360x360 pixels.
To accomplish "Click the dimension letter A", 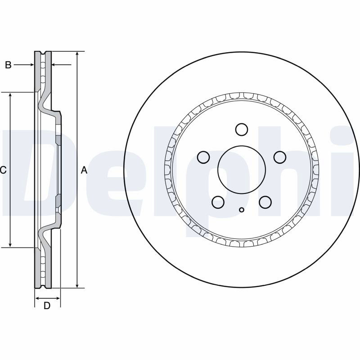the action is [x=85, y=170].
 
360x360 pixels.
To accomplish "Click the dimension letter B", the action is [x=8, y=65].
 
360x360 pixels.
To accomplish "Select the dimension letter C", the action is [x=3, y=170].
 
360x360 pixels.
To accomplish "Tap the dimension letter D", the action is [x=47, y=306].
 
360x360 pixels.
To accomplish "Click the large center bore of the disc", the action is [x=242, y=170].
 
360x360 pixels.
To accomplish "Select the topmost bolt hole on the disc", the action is [x=242, y=130].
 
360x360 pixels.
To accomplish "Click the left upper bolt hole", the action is [x=203, y=157].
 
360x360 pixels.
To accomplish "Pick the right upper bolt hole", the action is [x=280, y=157].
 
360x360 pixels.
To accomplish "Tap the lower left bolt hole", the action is [x=218, y=202].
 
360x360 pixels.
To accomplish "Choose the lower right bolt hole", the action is [x=265, y=202].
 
